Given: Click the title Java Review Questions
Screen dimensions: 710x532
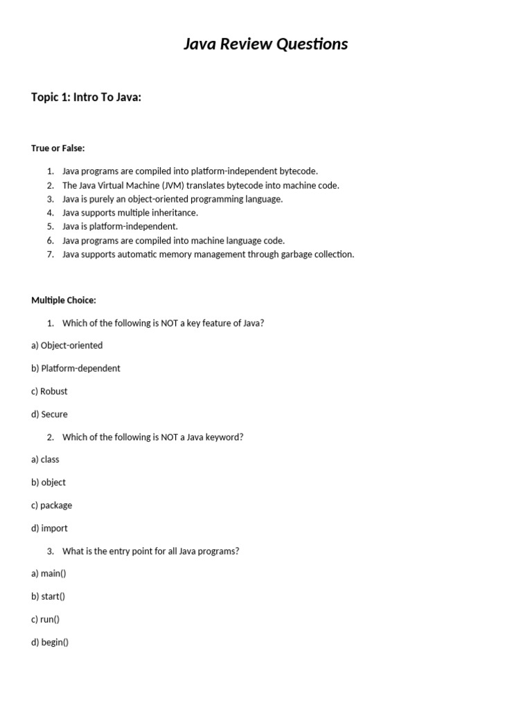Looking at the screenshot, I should (x=265, y=44).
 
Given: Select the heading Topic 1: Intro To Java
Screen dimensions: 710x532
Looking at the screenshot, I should (x=86, y=97).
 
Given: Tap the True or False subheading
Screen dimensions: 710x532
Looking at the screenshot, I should (x=58, y=148).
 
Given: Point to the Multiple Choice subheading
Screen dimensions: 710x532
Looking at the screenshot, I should (x=64, y=300).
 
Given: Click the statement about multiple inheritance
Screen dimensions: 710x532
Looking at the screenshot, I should (x=130, y=212).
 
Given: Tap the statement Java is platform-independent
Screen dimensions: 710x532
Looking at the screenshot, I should (x=120, y=226).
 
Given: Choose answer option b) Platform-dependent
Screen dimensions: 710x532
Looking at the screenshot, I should (x=76, y=368).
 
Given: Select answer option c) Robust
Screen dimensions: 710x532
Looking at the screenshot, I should (x=49, y=391).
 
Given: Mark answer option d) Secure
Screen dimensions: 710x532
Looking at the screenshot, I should (x=49, y=414).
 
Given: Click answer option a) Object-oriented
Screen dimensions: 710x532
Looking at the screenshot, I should (x=66, y=345).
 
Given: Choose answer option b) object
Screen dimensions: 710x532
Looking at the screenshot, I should (x=48, y=482).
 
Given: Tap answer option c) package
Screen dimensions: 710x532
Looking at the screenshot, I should (x=51, y=505).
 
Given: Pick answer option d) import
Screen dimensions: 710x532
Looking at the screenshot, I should (x=49, y=528).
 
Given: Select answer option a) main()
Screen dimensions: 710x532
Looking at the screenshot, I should (x=48, y=573).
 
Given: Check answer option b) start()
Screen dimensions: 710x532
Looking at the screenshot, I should (x=48, y=596).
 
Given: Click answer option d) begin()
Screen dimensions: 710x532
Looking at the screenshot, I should (x=50, y=642).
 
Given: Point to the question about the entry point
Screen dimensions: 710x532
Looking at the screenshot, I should (x=150, y=551).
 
